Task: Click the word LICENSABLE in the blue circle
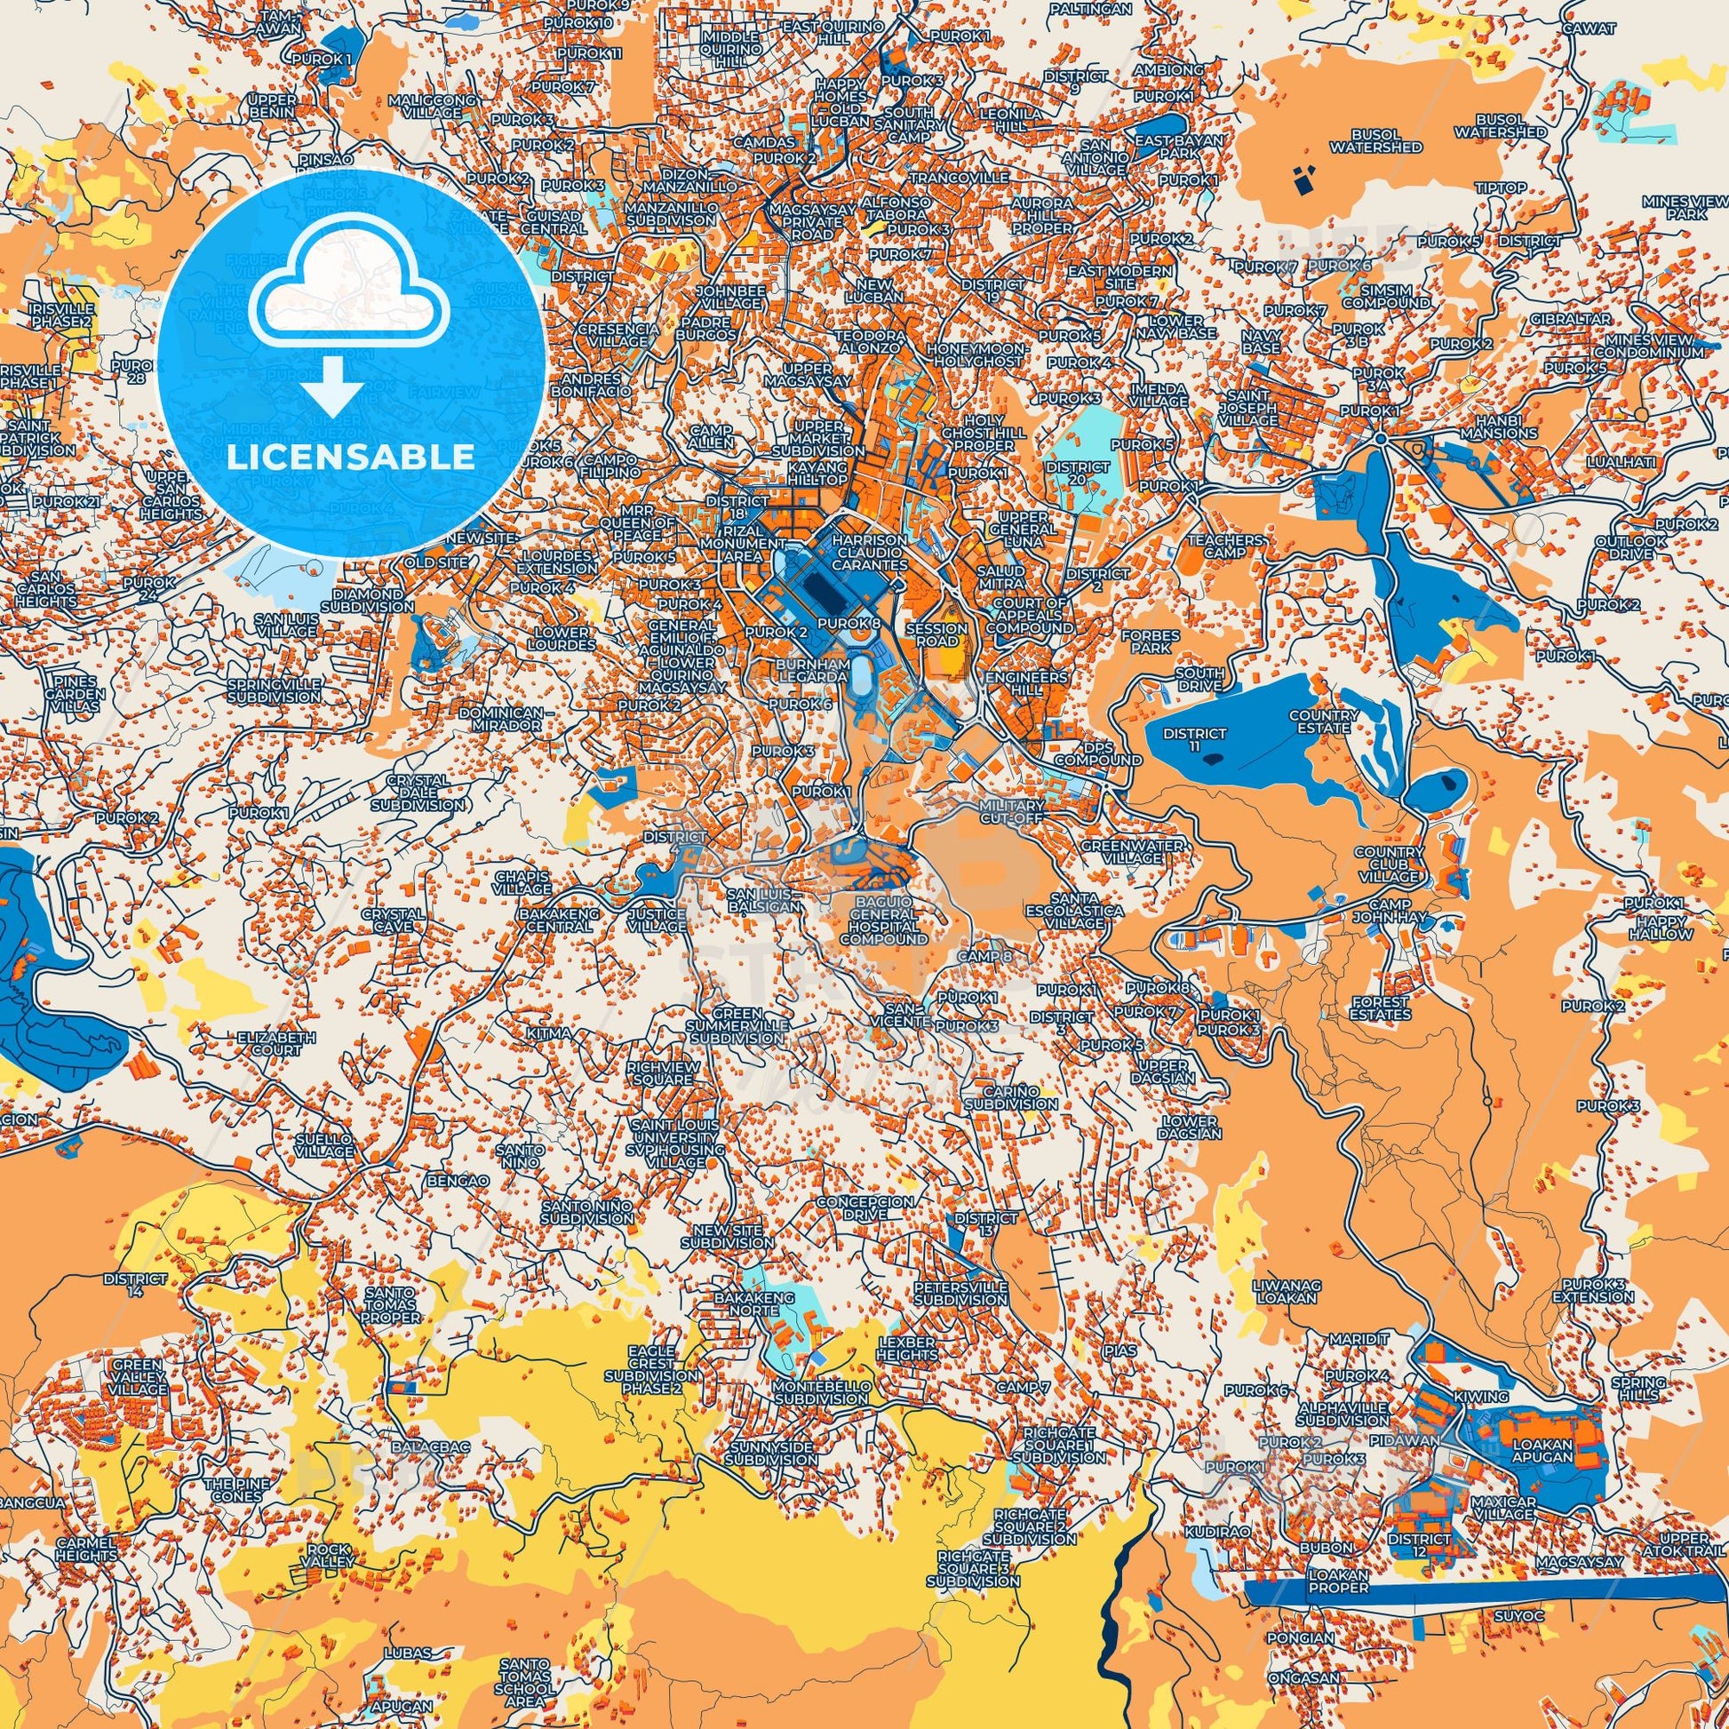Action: [351, 458]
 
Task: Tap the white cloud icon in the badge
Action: [351, 284]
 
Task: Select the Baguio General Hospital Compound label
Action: [884, 914]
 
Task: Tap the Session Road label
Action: [936, 634]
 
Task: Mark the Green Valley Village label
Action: [139, 1376]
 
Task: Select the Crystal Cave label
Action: [393, 920]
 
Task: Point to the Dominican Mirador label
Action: [500, 719]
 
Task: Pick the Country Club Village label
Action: [1388, 864]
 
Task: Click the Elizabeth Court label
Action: [276, 1043]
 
